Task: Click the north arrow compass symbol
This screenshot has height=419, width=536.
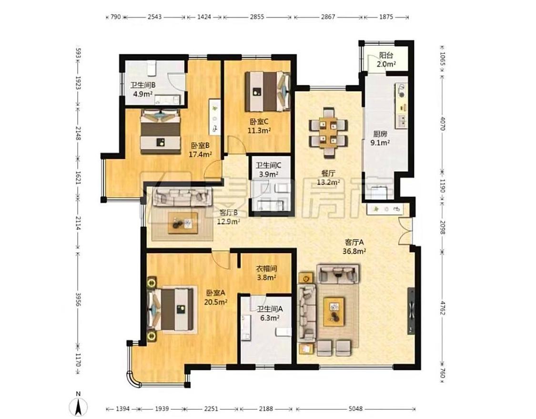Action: (78, 405)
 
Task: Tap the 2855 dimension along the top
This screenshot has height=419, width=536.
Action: (257, 16)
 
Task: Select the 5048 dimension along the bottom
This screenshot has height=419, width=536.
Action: (355, 409)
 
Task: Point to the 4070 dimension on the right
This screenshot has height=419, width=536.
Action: (443, 123)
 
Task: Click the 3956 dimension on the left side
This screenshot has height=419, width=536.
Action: (78, 300)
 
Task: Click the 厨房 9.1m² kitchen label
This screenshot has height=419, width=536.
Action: (380, 138)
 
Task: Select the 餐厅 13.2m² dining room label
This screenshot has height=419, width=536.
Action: (328, 178)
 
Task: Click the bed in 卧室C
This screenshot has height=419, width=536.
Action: (267, 92)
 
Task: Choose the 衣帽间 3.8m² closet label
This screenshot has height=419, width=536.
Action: (267, 273)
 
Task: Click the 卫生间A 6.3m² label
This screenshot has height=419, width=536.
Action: (270, 313)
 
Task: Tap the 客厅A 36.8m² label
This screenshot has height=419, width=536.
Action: (354, 247)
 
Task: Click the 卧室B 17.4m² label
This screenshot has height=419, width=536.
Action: (200, 150)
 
